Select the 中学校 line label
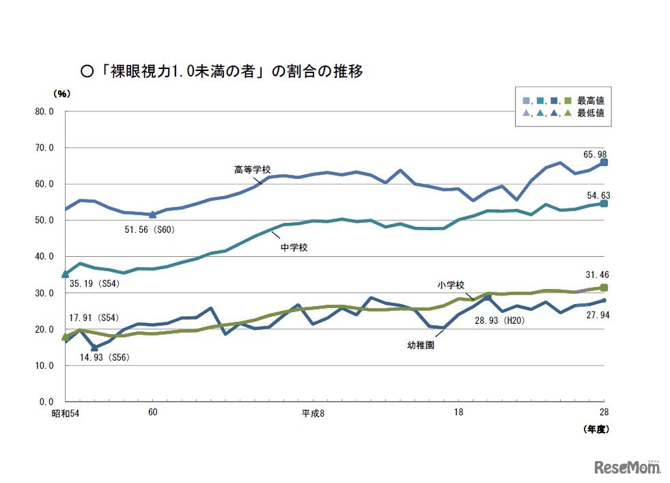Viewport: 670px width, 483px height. (294, 247)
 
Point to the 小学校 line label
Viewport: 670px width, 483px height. (451, 283)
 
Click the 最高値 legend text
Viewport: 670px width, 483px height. (590, 100)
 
